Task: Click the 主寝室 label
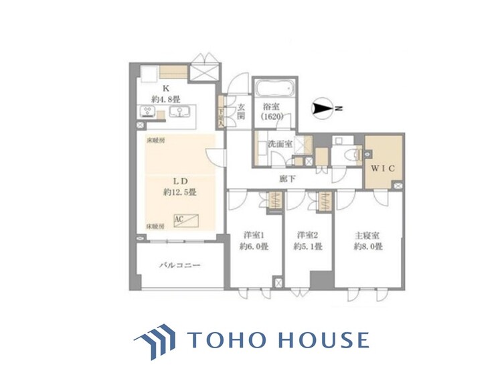click(x=367, y=235)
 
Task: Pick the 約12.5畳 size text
click(x=179, y=192)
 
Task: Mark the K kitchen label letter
click(x=165, y=87)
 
